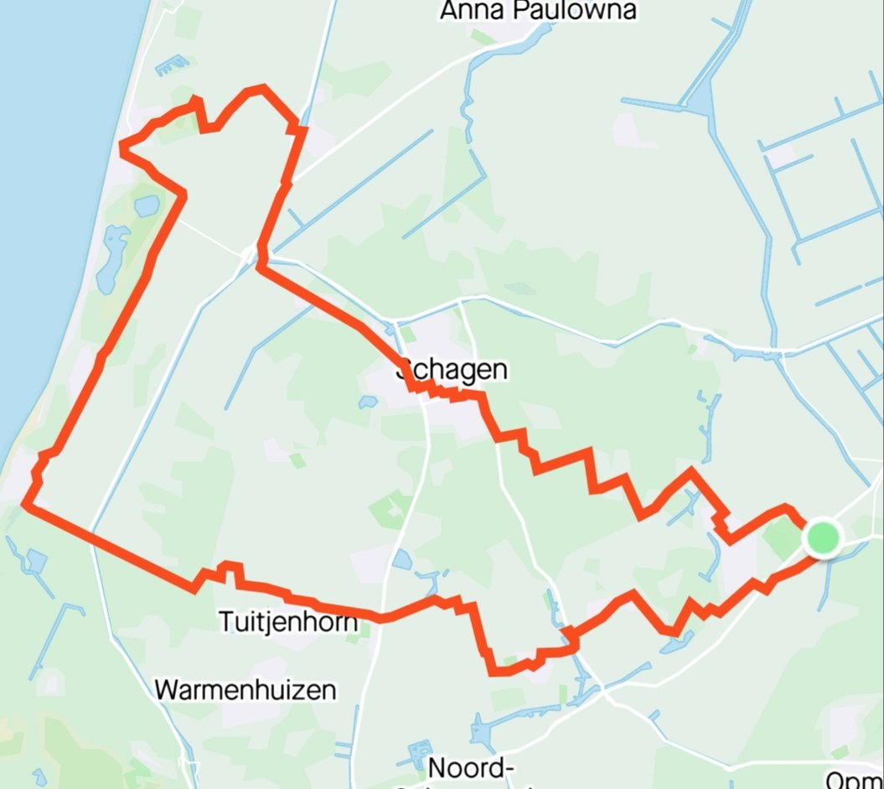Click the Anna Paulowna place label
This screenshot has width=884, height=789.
tap(537, 10)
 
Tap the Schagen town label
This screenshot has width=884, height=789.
tap(455, 370)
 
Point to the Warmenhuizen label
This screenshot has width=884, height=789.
tap(246, 690)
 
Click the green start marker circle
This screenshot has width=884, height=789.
tap(823, 537)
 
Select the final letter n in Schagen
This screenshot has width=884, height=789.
tap(499, 370)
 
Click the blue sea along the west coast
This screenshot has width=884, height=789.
tap(50, 168)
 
